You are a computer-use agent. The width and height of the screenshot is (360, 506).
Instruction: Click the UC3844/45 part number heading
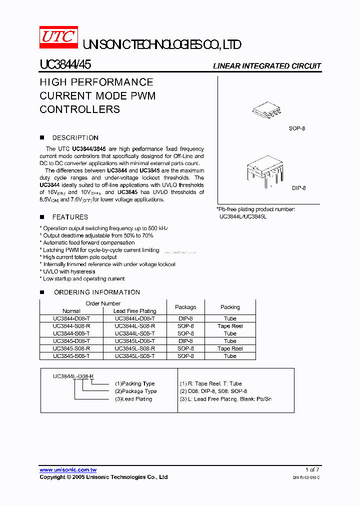(65, 65)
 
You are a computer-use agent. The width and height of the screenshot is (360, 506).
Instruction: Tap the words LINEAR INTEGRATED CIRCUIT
(267, 66)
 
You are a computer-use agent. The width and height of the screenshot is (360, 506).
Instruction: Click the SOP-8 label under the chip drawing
(297, 128)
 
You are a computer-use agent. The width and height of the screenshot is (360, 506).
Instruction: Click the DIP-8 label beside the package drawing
(298, 188)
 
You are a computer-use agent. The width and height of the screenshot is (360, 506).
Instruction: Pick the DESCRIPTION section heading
(75, 137)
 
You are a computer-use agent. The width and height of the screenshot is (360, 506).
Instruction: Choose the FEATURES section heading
(70, 217)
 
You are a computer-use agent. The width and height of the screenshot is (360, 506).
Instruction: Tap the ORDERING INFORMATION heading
(96, 292)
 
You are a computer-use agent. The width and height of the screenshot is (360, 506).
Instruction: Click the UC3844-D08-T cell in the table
(71, 318)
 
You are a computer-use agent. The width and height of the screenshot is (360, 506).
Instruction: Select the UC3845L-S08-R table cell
(134, 348)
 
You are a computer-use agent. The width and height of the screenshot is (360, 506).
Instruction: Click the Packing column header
(230, 307)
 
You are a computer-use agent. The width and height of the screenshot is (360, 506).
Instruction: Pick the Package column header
(185, 307)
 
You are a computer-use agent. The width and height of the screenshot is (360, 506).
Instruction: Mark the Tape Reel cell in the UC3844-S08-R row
(230, 326)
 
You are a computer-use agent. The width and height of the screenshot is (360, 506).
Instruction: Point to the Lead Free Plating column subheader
(134, 311)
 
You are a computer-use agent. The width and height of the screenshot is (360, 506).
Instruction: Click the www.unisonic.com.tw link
(68, 469)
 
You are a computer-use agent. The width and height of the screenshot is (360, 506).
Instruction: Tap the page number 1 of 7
(312, 469)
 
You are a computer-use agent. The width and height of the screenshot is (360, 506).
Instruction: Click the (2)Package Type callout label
(135, 391)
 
